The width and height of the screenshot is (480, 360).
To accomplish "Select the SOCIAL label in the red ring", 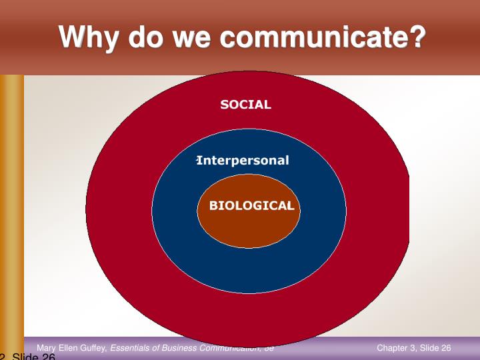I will [x=245, y=105].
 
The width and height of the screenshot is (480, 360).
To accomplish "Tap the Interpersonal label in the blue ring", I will [x=243, y=161].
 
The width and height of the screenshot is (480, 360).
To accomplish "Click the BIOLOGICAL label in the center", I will [x=251, y=206].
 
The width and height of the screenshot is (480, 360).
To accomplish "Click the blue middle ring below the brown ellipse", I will [x=249, y=270].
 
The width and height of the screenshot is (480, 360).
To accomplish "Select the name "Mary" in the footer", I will [x=47, y=348].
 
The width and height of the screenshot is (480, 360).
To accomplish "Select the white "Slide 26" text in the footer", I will [x=437, y=348].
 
